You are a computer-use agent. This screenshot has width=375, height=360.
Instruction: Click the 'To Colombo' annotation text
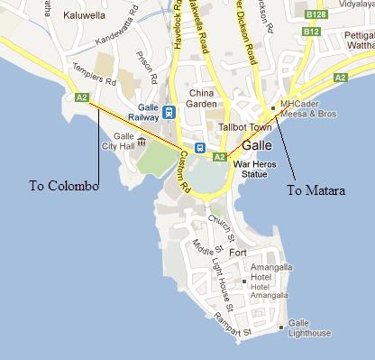62,187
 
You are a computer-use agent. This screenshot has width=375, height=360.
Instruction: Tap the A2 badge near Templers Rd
82,97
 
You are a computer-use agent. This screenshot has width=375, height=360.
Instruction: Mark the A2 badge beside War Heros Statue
218,157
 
